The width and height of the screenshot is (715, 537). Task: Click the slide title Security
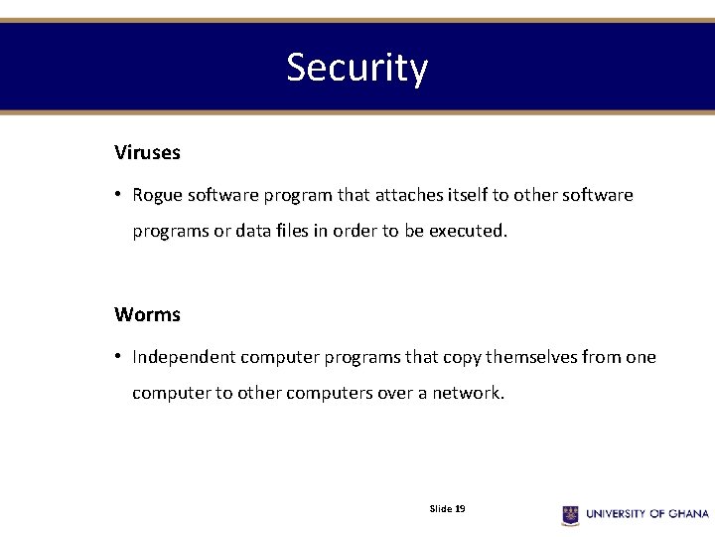pyautogui.click(x=357, y=68)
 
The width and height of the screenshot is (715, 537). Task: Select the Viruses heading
pyautogui.click(x=147, y=153)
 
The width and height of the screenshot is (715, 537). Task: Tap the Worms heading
pyautogui.click(x=147, y=315)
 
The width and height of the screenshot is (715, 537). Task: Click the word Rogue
pyautogui.click(x=157, y=196)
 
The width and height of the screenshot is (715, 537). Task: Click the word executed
pyautogui.click(x=468, y=231)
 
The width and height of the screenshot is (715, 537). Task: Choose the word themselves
pyautogui.click(x=525, y=357)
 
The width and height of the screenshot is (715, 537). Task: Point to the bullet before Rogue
pyautogui.click(x=117, y=195)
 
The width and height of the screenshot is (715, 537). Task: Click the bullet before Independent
pyautogui.click(x=117, y=357)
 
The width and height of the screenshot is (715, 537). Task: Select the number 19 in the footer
pyautogui.click(x=460, y=509)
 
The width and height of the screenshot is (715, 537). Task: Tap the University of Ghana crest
pyautogui.click(x=570, y=514)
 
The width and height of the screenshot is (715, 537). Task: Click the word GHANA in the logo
pyautogui.click(x=687, y=514)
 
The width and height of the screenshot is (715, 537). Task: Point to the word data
pyautogui.click(x=247, y=231)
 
